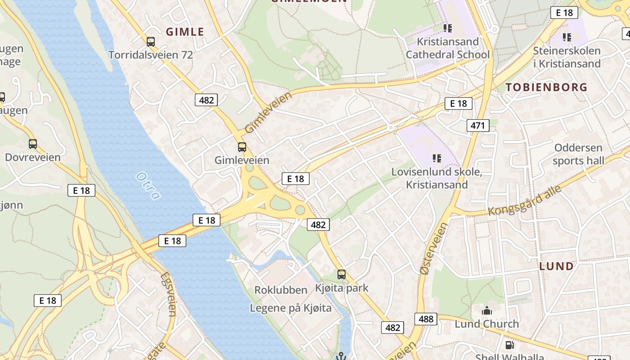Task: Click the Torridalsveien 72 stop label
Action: tap(151, 55)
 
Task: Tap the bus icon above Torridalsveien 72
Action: tap(151, 42)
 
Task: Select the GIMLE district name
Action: tap(185, 31)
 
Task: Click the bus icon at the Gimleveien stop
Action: tap(242, 147)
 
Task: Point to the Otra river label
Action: tap(148, 185)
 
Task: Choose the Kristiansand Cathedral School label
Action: tap(447, 48)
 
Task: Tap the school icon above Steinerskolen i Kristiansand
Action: tap(567, 37)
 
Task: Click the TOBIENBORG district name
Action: tap(546, 87)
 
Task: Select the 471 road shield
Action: tap(477, 125)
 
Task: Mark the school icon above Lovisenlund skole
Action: tap(436, 158)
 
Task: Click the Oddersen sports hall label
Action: tap(578, 154)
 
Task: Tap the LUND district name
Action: tap(557, 266)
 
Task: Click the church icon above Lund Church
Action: tap(486, 310)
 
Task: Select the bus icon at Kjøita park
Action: tap(342, 274)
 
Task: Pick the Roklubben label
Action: tap(281, 290)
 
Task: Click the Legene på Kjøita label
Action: tap(291, 308)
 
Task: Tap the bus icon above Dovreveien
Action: tap(33, 144)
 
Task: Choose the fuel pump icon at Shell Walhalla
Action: tap(509, 345)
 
